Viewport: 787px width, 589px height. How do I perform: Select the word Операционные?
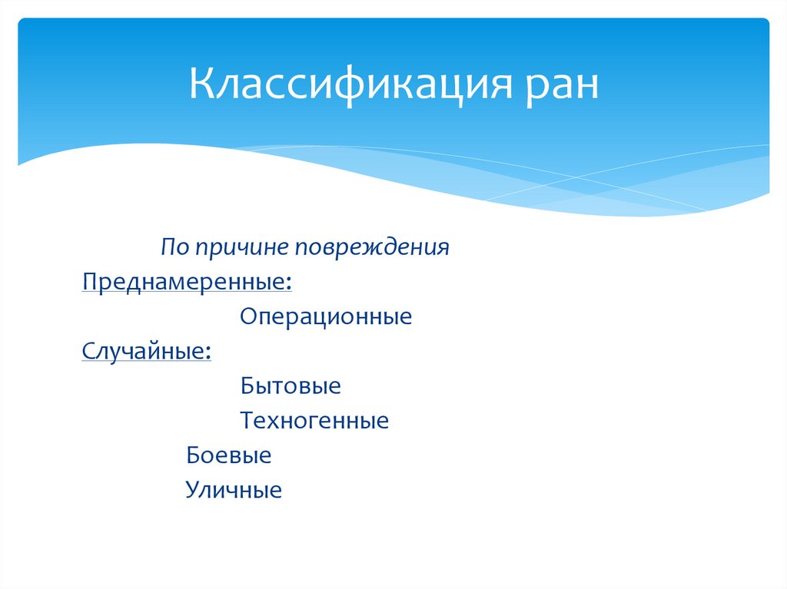click(x=326, y=316)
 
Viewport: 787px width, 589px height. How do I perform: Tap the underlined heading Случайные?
click(x=144, y=351)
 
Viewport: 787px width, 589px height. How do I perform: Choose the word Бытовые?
click(x=291, y=385)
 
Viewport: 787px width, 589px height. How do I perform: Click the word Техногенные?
click(x=314, y=421)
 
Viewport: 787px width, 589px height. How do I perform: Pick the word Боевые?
click(x=229, y=455)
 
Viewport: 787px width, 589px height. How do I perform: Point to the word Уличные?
click(x=234, y=491)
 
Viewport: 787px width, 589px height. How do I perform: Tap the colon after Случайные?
click(x=209, y=352)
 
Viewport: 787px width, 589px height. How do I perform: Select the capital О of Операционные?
click(x=248, y=316)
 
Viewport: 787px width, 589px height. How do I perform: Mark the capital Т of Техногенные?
click(x=247, y=421)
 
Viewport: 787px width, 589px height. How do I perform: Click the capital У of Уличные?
click(x=192, y=491)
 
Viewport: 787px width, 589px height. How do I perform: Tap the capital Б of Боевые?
click(x=193, y=455)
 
